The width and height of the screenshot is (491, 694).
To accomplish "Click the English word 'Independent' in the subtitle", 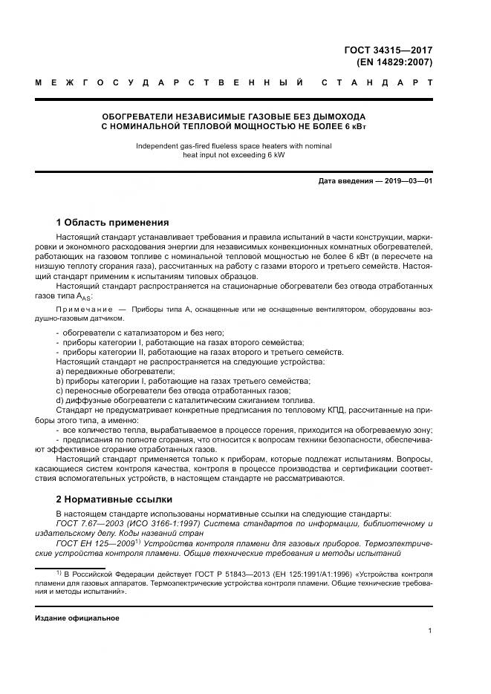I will coord(155,145).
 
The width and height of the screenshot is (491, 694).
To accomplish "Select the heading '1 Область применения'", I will coord(112,222).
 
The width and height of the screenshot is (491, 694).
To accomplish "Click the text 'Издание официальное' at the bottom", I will coord(77,618).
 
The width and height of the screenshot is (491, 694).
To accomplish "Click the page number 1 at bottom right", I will coord(429,630).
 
